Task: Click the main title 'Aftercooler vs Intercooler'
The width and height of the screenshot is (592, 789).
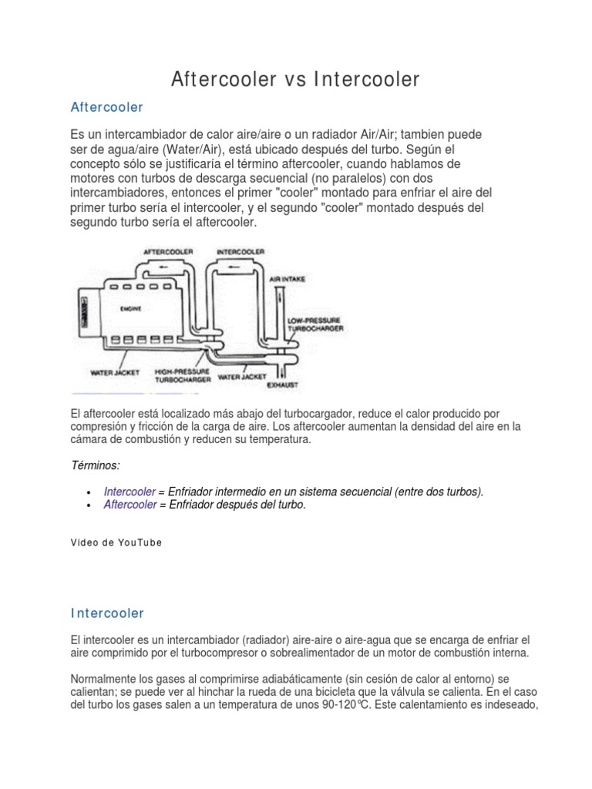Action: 295,79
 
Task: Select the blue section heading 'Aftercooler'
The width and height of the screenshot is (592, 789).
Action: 106,106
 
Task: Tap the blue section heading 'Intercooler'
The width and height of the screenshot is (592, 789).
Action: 107,613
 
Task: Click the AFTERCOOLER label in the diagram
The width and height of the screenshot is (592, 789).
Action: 167,251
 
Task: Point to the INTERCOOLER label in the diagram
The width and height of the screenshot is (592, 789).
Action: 240,251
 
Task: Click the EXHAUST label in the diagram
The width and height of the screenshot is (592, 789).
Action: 282,384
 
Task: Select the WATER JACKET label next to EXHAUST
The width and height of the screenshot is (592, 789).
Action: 239,378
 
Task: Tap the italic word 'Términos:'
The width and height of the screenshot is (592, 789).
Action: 95,466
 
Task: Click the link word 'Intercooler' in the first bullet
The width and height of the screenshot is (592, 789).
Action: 129,492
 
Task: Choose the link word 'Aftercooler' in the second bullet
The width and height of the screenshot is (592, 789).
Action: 129,505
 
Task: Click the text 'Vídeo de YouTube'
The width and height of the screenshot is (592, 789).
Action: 116,542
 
